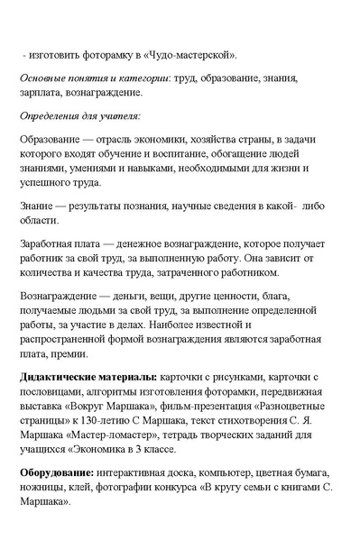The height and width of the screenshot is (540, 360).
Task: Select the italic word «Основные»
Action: tap(43, 78)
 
